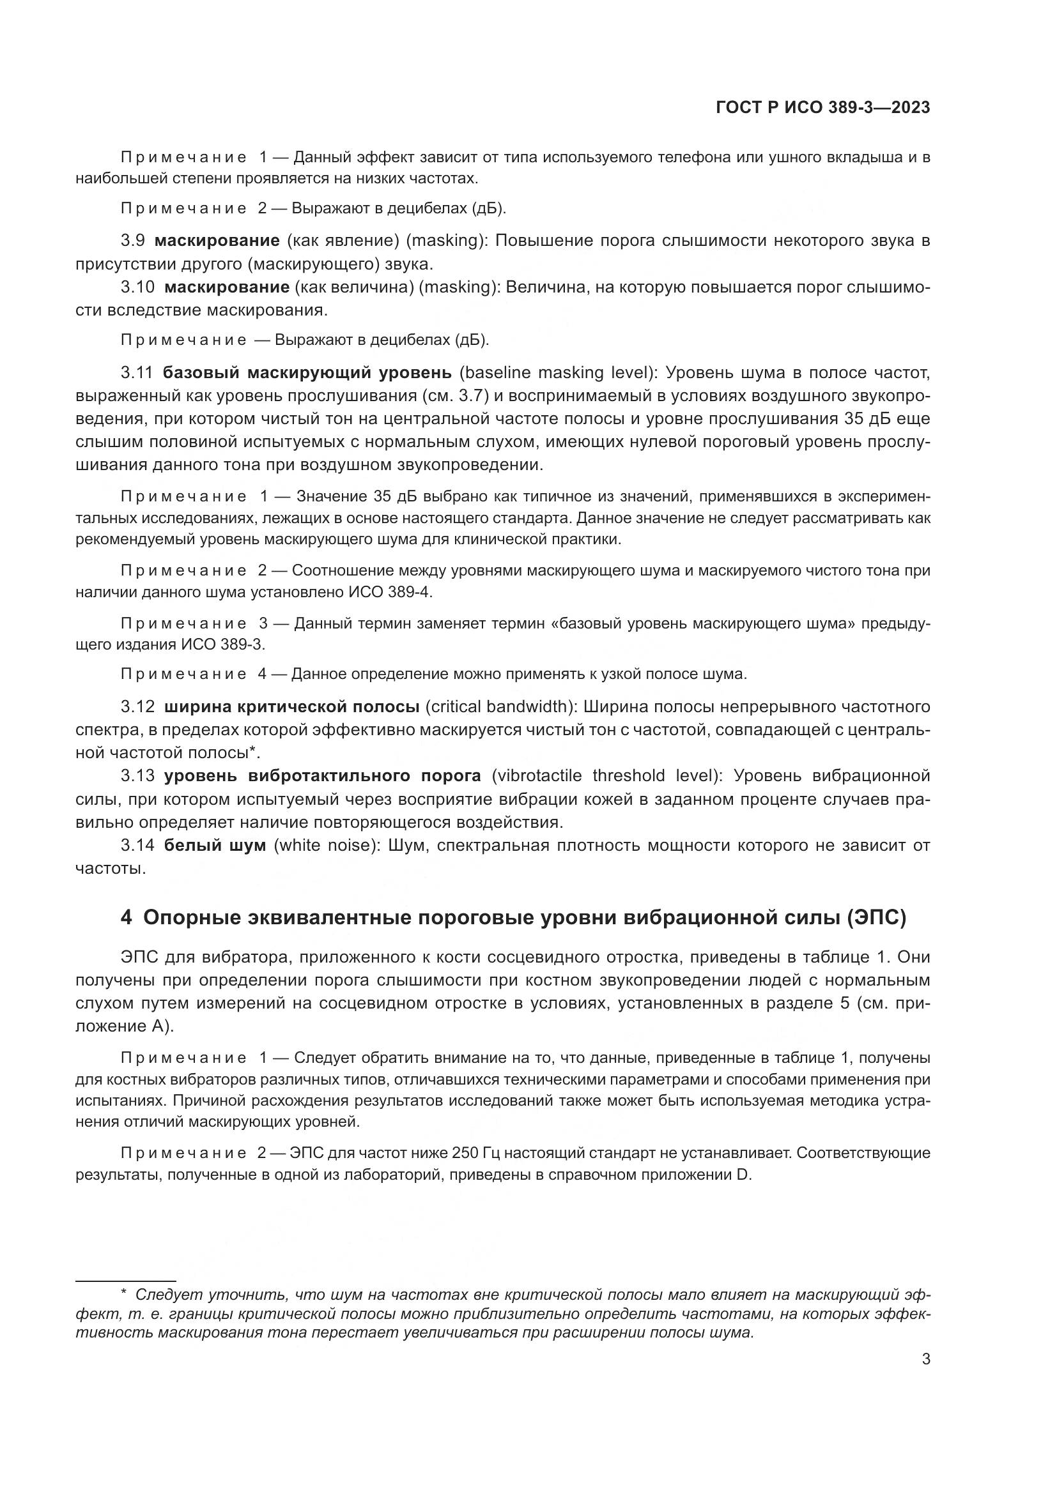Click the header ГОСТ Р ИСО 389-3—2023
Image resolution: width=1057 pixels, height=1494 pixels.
tap(822, 108)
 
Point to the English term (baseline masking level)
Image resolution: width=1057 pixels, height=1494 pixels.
tap(559, 373)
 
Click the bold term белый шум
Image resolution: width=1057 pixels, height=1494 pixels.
tap(215, 845)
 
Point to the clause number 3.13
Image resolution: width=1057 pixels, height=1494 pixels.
tap(137, 775)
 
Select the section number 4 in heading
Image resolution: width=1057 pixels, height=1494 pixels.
tap(127, 917)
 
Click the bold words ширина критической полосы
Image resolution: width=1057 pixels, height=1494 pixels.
tap(291, 706)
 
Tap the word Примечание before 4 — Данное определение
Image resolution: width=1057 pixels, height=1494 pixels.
tap(183, 674)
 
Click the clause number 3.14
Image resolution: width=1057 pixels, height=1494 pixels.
tap(137, 845)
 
